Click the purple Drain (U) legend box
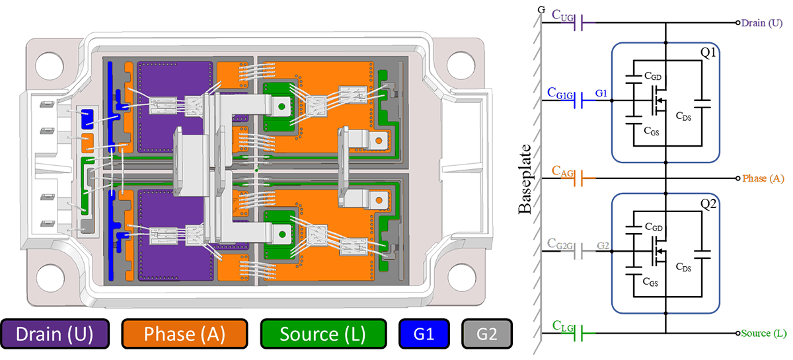click(x=55, y=334)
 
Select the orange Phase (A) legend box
click(x=184, y=334)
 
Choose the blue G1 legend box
click(x=424, y=334)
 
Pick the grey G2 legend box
click(x=486, y=334)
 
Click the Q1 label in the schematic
click(x=708, y=53)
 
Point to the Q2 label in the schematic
click(x=708, y=203)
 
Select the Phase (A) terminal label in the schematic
click(x=763, y=178)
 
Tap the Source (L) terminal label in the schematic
click(x=764, y=333)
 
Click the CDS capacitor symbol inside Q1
click(x=701, y=103)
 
